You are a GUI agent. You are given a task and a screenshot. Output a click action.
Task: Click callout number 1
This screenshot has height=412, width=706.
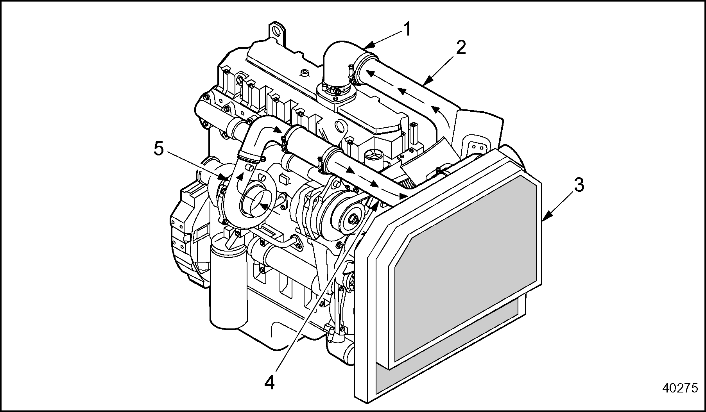click(x=407, y=29)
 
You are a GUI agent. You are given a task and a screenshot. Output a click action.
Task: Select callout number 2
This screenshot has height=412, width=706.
click(x=461, y=48)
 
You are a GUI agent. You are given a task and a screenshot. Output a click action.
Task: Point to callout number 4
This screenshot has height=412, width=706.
click(x=269, y=382)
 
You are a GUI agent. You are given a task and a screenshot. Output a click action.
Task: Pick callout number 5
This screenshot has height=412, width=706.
click(x=158, y=149)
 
